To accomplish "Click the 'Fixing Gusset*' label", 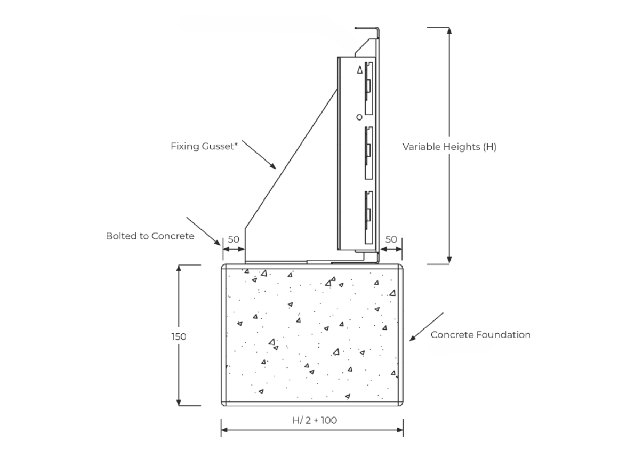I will coord(204,146).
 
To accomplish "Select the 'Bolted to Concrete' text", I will coord(150,236).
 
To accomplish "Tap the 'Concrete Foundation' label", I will coord(480,335).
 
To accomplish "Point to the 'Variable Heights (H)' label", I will coord(449,147).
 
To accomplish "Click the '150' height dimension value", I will coord(179,336).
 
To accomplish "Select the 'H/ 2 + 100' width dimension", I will coord(315,420).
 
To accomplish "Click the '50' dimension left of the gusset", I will coord(233,239).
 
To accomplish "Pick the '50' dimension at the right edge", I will coord(391,239).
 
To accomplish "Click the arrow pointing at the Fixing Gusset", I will coord(259,156).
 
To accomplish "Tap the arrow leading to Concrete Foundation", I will coord(425,326).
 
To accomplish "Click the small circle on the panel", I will coord(359,117).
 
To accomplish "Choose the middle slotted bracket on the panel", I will coord(368,151).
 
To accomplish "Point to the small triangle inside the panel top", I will coord(360,69).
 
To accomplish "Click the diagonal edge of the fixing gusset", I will coord(291,155).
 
